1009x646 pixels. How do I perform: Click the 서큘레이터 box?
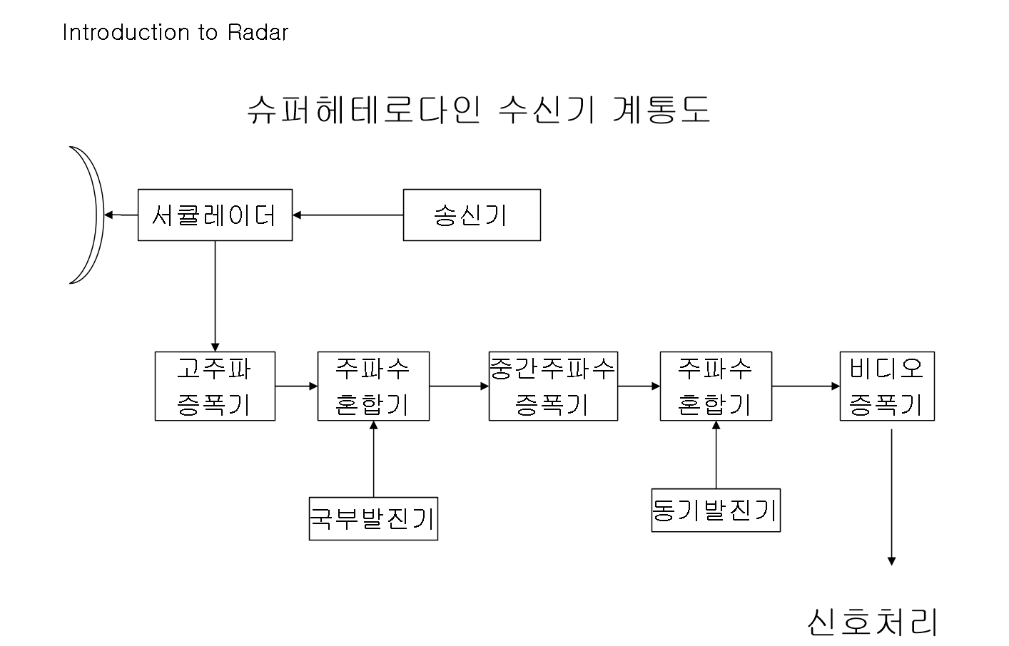point(215,215)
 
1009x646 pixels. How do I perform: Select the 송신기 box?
point(472,215)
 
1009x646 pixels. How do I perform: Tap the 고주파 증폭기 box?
point(215,386)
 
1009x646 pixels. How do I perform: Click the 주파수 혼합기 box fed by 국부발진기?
point(373,386)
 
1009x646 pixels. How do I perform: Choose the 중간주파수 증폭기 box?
point(553,386)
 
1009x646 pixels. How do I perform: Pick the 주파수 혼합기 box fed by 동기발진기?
point(716,386)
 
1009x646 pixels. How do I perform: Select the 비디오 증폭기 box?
point(887,386)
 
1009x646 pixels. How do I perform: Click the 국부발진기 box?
point(373,518)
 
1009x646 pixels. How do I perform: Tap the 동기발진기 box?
point(716,510)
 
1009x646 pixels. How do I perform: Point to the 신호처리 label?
point(872,622)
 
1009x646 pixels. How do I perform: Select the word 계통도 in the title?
point(661,111)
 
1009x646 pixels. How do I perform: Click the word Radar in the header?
point(258,33)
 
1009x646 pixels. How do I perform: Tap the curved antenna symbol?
point(91,215)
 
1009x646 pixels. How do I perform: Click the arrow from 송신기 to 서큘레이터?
point(348,215)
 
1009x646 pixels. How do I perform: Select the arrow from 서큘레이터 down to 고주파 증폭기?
point(215,296)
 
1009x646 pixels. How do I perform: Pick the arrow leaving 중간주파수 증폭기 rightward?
point(639,386)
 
